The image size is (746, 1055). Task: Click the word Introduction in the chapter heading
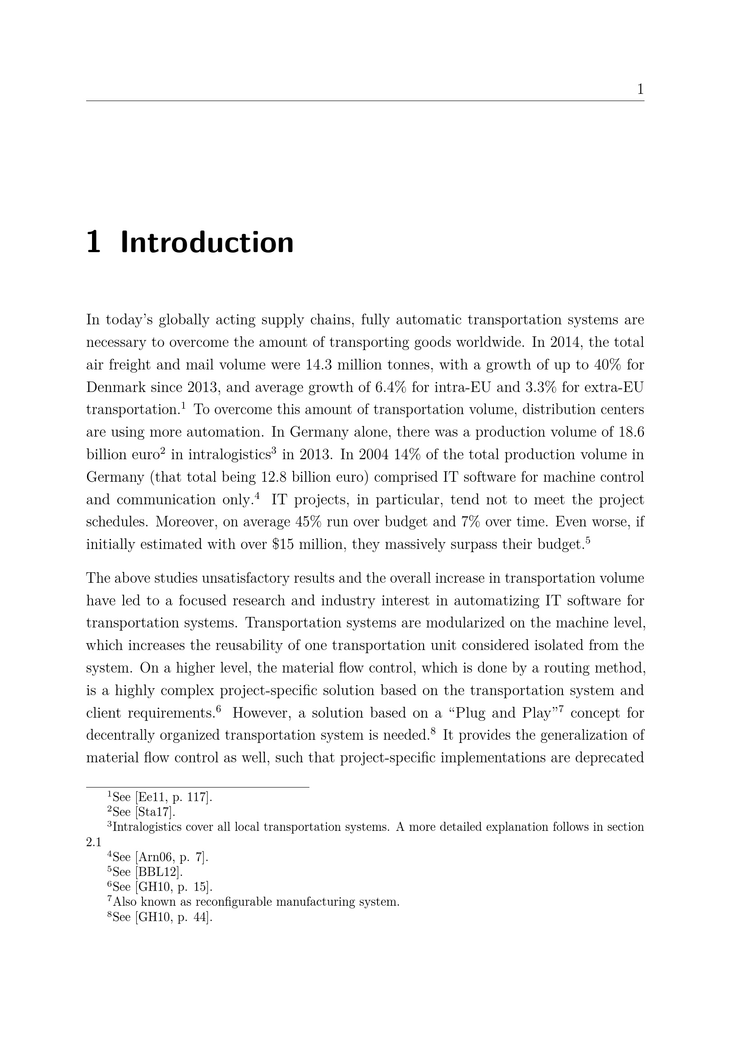(207, 243)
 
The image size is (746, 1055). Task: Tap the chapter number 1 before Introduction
(93, 243)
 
